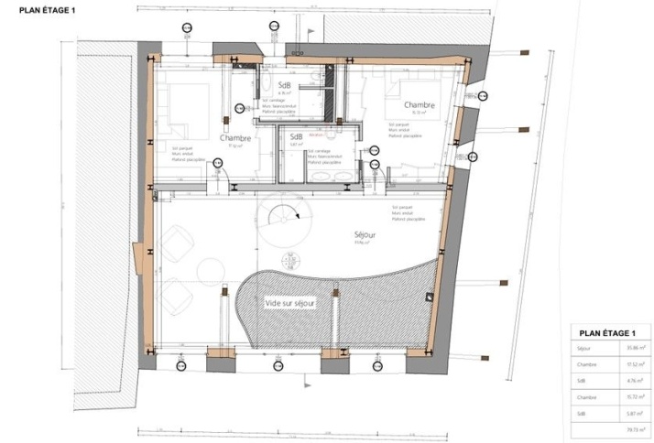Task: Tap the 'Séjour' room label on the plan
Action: (366, 235)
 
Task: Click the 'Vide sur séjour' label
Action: (290, 303)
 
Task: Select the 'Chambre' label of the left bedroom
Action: (235, 138)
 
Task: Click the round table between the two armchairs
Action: (210, 271)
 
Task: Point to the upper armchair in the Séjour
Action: (175, 243)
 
